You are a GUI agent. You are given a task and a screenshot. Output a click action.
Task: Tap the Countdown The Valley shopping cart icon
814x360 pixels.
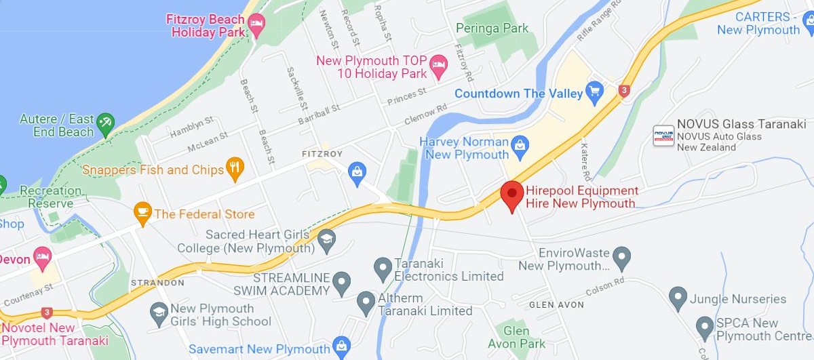pos(595,92)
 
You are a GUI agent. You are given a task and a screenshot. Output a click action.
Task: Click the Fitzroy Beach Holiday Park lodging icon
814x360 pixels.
pos(256,26)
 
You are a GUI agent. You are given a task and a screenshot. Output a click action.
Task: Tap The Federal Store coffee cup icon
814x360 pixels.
pos(142,213)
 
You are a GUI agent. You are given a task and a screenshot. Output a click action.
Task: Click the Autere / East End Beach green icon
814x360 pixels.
pos(105,123)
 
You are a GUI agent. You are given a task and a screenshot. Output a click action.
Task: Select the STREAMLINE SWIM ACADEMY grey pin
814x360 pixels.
pos(341,281)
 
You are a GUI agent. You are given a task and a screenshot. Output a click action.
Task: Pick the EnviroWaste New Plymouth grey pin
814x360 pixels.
pos(621,258)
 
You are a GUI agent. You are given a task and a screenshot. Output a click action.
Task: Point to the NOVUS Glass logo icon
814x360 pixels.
pos(663,136)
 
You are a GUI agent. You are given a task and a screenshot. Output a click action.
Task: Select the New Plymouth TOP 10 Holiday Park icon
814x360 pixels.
pos(439,66)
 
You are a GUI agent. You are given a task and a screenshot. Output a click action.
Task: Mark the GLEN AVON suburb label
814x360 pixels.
pos(556,305)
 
